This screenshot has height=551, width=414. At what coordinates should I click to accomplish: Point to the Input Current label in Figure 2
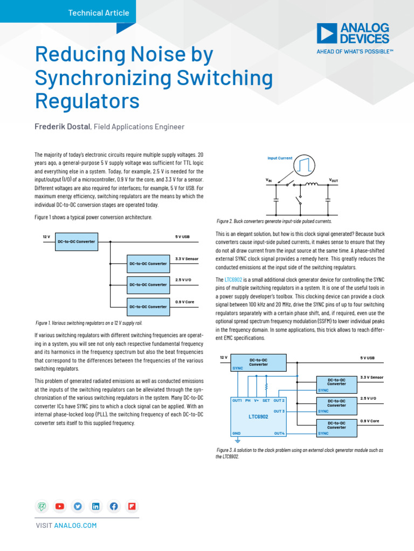coord(280,158)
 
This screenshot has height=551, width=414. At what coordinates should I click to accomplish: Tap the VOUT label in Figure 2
coord(333,180)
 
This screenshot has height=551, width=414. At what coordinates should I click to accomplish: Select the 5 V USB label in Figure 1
coord(182,237)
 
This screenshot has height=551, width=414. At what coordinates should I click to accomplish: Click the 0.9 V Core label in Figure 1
coord(184,302)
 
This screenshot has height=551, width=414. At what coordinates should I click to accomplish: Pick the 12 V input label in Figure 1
coord(46,237)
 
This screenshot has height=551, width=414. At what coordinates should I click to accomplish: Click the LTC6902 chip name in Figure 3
coord(258,416)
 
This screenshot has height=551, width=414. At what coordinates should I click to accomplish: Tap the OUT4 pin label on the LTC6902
coord(279,433)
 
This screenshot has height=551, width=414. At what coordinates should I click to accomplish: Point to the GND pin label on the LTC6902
coord(236,433)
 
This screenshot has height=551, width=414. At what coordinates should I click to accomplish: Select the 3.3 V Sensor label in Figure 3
coord(371,378)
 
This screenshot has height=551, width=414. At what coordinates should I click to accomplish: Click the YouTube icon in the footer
coord(59,506)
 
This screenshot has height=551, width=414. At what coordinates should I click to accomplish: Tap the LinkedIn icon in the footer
coord(95,506)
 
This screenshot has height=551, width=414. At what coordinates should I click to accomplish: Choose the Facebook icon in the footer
coord(114,506)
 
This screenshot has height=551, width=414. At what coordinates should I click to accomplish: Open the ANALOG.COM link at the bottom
coord(75,525)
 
